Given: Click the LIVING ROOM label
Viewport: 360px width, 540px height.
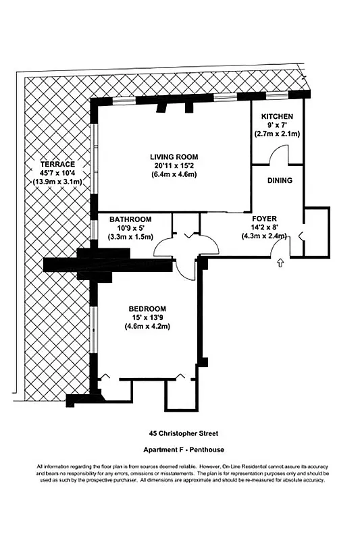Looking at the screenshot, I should (174, 157).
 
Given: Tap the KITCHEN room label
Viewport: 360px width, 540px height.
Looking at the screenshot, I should (277, 116).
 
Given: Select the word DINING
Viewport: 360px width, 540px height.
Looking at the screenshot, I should (280, 180).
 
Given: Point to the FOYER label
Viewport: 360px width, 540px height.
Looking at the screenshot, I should (264, 219).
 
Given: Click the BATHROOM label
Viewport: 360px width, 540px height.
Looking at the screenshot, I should (130, 219).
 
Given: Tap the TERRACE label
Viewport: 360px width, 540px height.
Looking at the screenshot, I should (56, 164).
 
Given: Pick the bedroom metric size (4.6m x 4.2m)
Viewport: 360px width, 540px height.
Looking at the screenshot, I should (147, 327).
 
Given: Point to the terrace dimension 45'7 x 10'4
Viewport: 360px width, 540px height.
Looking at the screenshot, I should (56, 173).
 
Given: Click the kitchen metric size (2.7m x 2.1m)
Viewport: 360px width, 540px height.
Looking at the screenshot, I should (277, 134).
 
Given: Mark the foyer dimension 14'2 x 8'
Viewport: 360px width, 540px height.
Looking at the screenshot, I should (264, 227).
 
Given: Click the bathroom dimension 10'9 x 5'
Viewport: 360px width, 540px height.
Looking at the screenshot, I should (130, 228).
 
